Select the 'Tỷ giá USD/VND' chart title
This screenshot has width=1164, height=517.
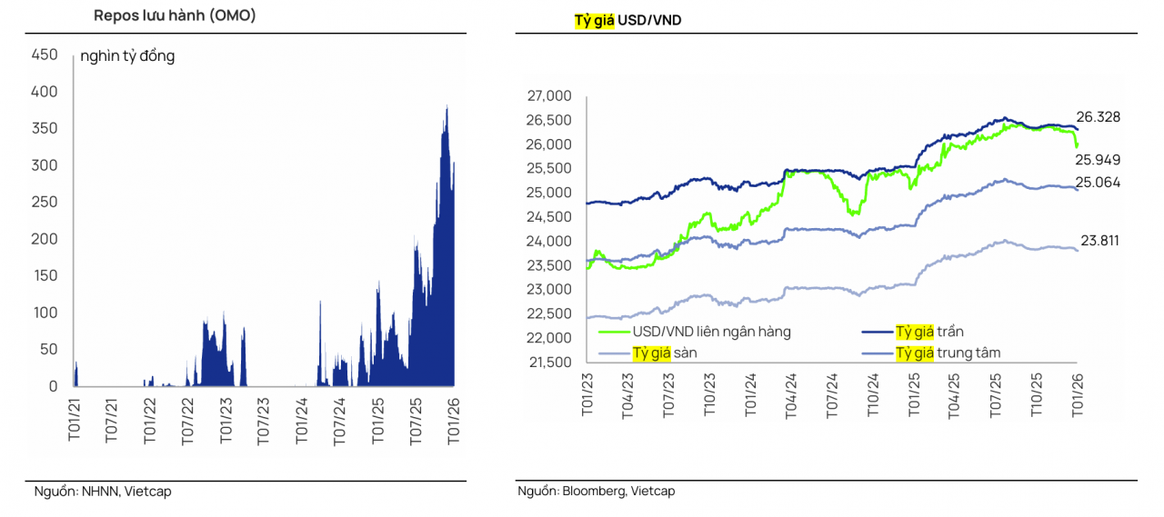point(627,20)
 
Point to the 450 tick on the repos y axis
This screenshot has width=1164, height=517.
point(45,55)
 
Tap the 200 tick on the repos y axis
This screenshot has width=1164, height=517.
point(45,239)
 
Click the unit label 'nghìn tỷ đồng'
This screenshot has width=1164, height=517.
point(127,56)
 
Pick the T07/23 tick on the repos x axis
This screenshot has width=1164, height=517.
point(264,419)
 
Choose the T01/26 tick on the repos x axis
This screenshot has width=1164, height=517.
point(452,419)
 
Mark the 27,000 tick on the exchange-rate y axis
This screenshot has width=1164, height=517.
point(549,96)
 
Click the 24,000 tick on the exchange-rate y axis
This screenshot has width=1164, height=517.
point(549,242)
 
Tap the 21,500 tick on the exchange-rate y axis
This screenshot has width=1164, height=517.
point(549,363)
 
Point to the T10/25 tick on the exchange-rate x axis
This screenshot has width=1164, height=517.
point(1036,396)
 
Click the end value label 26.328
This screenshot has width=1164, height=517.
point(1099,117)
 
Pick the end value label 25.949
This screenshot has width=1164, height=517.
point(1099,160)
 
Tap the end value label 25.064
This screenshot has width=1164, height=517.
point(1099,183)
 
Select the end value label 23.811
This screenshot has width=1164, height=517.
point(1099,241)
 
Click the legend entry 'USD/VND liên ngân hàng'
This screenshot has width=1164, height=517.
point(712,332)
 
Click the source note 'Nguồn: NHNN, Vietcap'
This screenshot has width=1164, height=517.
point(103,492)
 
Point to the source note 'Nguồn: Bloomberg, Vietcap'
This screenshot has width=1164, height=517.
point(597,492)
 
